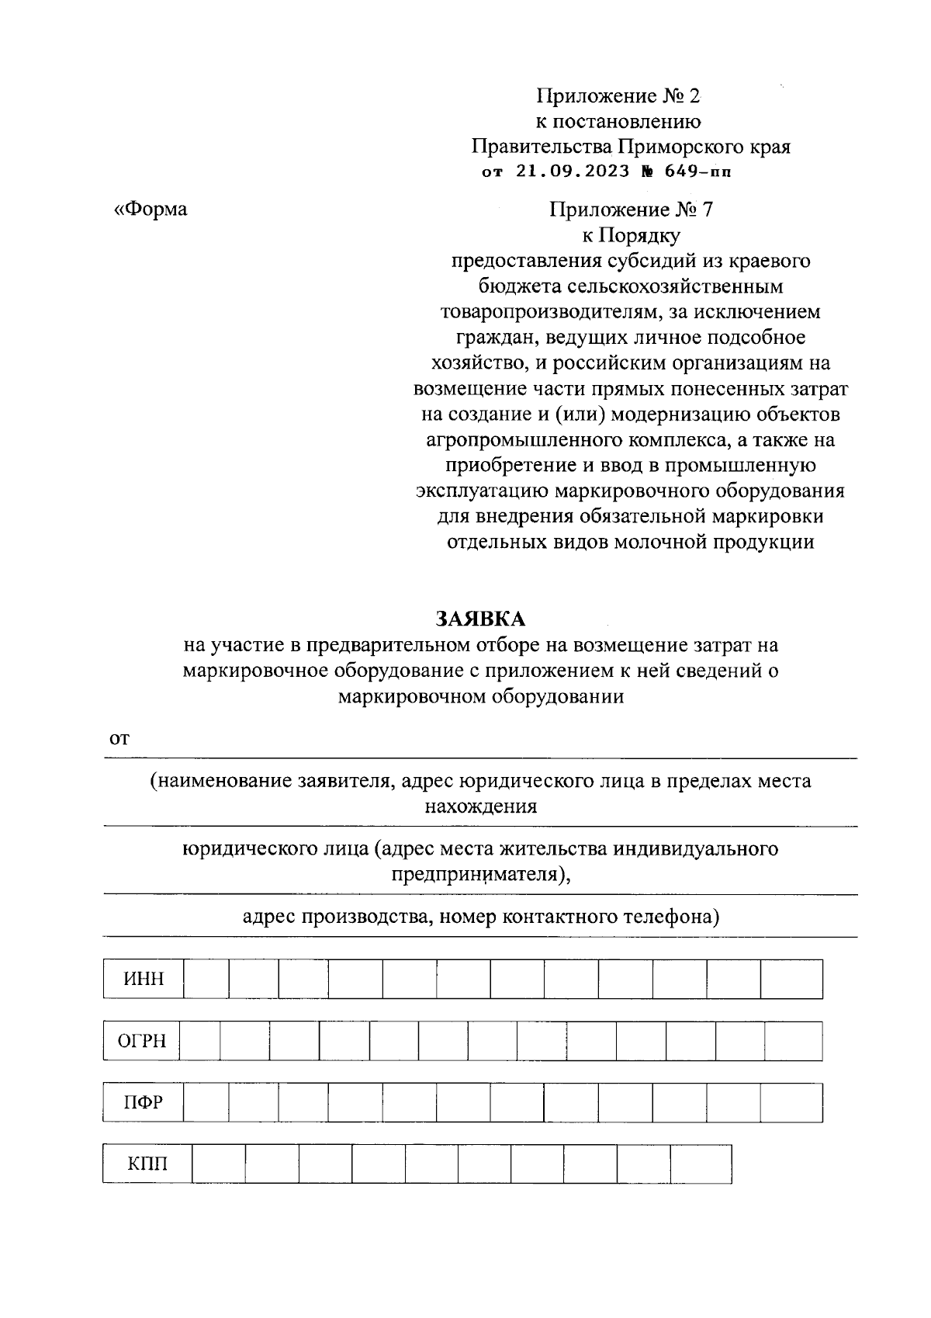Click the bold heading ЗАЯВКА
[480, 619]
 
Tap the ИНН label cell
[144, 979]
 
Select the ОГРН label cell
[141, 1041]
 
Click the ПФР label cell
[144, 1102]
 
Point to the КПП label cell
[147, 1164]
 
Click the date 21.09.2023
[573, 172]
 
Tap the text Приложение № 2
[618, 96]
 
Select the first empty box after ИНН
[206, 979]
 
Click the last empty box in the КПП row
[701, 1164]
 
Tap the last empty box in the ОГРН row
[793, 1041]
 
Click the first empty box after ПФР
[206, 1102]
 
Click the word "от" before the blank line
[118, 739]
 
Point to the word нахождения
[480, 806]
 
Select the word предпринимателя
[479, 875]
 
